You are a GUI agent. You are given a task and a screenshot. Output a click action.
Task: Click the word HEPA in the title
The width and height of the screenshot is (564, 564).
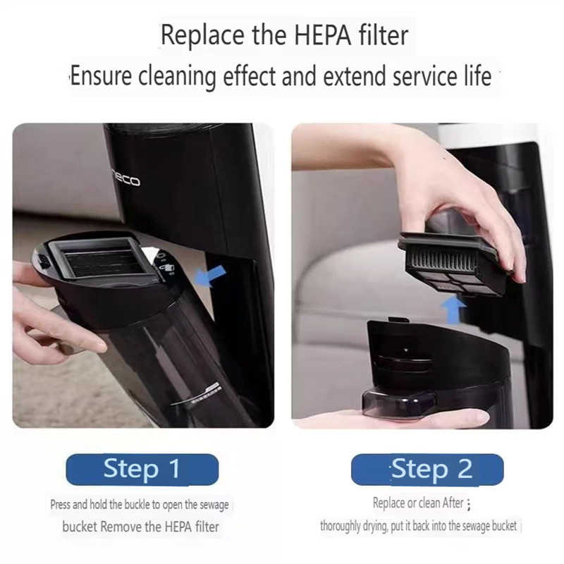pos(323,35)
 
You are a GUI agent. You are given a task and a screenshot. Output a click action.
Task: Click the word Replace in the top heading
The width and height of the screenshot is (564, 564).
pos(202,35)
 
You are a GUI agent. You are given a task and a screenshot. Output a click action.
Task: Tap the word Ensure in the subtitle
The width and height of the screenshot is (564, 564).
pos(101,76)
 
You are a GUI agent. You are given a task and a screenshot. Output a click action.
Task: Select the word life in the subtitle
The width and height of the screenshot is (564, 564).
pos(478,76)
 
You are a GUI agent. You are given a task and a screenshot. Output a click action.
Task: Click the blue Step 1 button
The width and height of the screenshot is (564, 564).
pos(142,469)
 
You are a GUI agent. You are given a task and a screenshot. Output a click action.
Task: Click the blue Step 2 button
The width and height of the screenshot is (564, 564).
pos(427,469)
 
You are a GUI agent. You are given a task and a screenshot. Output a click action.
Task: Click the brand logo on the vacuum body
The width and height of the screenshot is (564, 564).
pos(125,179)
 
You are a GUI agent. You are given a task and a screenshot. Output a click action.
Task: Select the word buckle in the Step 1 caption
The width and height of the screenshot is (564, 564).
pos(137,505)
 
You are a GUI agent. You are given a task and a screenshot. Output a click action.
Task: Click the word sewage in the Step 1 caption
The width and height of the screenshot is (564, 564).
pos(214,505)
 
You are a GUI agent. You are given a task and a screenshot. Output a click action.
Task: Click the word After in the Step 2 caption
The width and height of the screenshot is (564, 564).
pos(453,503)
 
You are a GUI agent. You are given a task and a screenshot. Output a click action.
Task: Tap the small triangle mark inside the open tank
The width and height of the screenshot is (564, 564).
pos(406,350)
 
